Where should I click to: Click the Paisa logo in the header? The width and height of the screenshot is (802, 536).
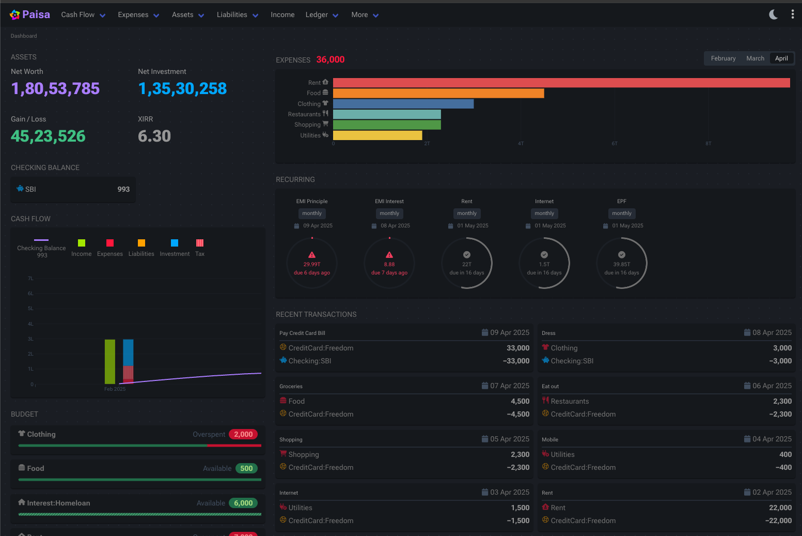[x=29, y=15]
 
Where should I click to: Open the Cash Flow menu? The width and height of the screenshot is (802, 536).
[x=83, y=15]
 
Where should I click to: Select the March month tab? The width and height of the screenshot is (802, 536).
[x=755, y=58]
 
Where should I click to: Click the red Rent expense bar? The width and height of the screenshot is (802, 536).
[x=561, y=83]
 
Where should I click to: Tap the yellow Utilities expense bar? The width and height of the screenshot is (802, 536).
[x=378, y=135]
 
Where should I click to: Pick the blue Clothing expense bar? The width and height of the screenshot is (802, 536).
[x=403, y=104]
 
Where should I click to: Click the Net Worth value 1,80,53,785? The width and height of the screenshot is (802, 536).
[x=55, y=89]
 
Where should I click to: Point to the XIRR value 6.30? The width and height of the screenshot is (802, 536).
[x=154, y=136]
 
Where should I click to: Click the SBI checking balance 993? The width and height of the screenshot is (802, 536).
[x=123, y=189]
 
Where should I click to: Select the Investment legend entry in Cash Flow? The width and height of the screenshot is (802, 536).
[x=175, y=248]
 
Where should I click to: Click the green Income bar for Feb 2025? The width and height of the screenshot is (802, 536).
[x=109, y=361]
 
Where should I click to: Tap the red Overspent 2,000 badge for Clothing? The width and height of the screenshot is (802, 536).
[x=243, y=435]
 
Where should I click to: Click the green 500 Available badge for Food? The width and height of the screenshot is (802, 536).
[x=246, y=469]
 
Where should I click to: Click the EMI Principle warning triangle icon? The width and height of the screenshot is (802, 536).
[x=312, y=255]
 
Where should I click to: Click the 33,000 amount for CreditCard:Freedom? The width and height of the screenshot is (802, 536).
[x=517, y=348]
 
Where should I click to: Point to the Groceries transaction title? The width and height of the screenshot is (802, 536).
[x=291, y=387]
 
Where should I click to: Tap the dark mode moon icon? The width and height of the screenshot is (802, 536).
[x=773, y=14]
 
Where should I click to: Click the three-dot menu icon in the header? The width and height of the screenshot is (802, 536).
[x=793, y=14]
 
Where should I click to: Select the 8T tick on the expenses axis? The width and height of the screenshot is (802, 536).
[x=709, y=144]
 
